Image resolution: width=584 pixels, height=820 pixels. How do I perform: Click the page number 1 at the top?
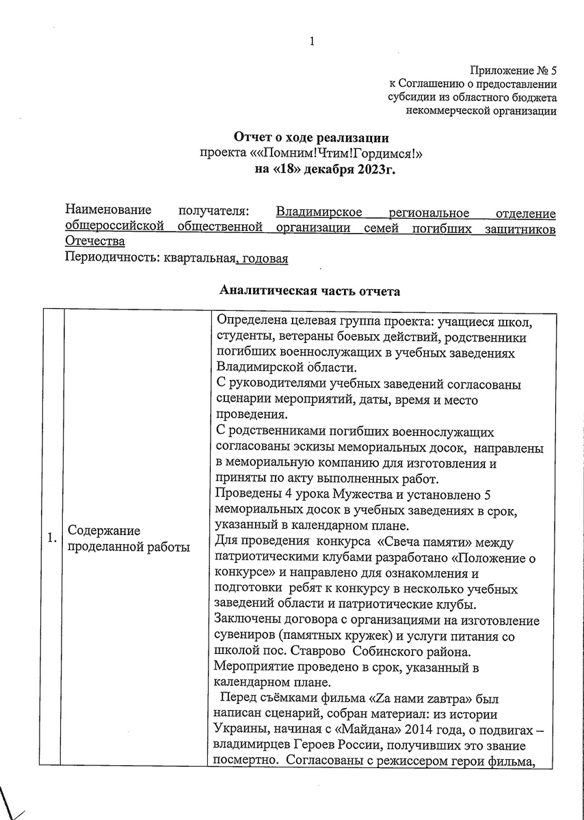(x=312, y=42)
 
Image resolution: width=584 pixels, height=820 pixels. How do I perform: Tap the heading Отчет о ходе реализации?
(x=311, y=137)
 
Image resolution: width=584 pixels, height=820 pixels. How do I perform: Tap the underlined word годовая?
(x=264, y=258)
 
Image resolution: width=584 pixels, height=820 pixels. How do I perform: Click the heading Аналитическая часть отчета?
(x=310, y=291)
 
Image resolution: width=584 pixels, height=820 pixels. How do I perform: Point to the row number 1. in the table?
(x=51, y=538)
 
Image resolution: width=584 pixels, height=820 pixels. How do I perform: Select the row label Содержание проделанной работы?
(x=127, y=538)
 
